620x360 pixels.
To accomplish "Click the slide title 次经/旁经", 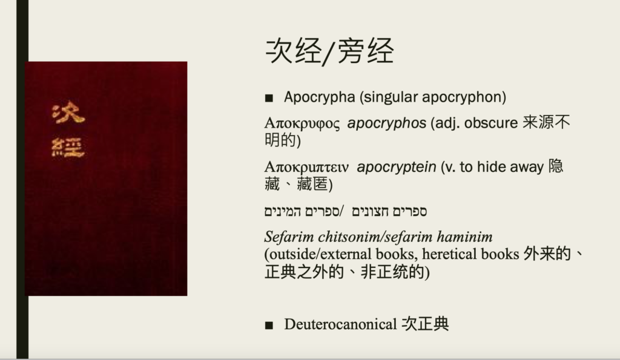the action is pyautogui.click(x=330, y=51).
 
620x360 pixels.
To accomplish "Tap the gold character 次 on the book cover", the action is pyautogui.click(x=68, y=113).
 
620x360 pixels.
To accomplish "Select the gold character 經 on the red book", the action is pyautogui.click(x=68, y=148).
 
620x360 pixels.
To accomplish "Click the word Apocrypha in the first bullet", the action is pyautogui.click(x=320, y=97).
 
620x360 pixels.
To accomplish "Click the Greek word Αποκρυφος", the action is pyautogui.click(x=302, y=123).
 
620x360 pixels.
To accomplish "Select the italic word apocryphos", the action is pyautogui.click(x=387, y=123).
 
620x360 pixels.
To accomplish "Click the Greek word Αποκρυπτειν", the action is pyautogui.click(x=306, y=168).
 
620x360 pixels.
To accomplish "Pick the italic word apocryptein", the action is pyautogui.click(x=397, y=168).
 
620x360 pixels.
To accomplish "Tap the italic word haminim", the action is pyautogui.click(x=464, y=237).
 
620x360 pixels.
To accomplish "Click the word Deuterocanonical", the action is pyautogui.click(x=340, y=324).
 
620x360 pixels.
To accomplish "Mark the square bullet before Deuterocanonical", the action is pyautogui.click(x=269, y=326).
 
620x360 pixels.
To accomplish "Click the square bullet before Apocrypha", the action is pyautogui.click(x=269, y=98).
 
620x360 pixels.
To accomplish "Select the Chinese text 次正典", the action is pyautogui.click(x=425, y=324).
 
